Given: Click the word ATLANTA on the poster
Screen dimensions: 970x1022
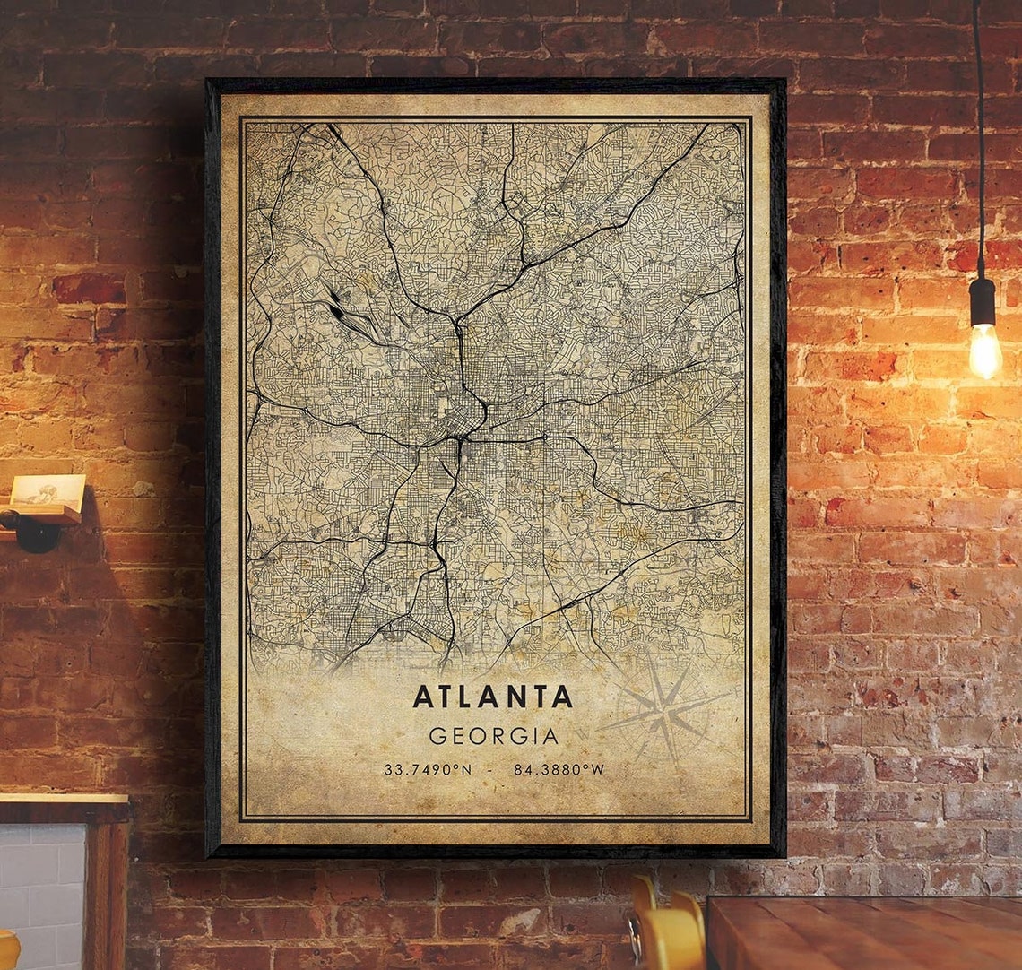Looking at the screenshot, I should (493, 697).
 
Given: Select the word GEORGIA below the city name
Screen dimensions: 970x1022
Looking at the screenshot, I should (493, 736).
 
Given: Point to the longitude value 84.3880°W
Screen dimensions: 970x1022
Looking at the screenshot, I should (559, 769).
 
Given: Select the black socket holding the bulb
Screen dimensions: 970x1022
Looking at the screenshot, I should (983, 302).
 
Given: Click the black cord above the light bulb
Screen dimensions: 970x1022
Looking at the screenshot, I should (978, 134).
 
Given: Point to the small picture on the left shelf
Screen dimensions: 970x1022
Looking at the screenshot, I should (48, 492).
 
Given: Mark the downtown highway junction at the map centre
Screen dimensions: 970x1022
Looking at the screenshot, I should (463, 437).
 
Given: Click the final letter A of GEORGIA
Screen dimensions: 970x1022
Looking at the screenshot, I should (550, 736).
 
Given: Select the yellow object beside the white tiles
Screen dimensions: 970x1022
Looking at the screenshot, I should (7, 950).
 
